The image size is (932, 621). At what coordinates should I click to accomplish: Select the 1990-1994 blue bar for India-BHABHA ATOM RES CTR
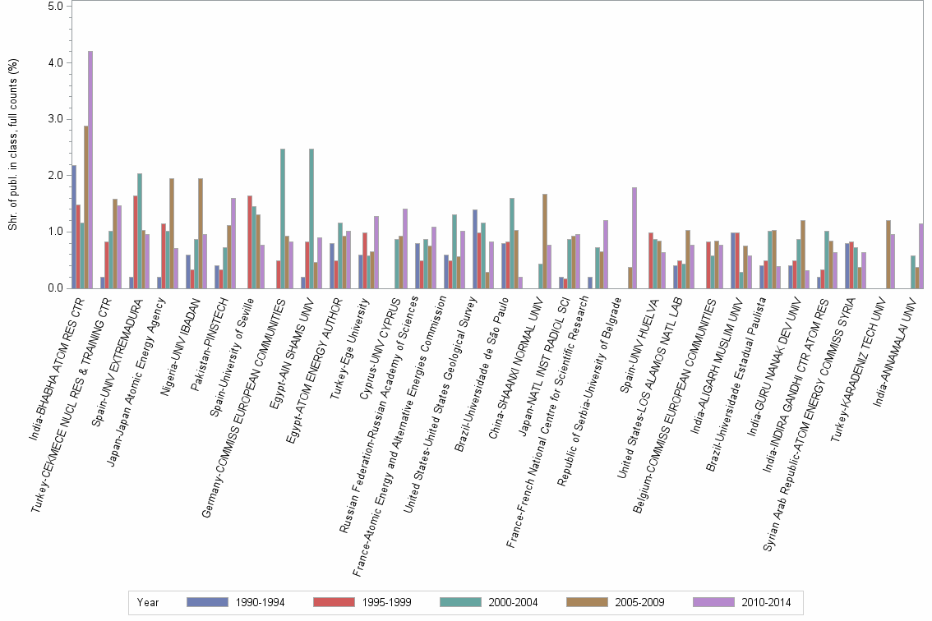coord(74,227)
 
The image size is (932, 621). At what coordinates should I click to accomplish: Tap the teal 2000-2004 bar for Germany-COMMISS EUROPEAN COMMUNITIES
coord(283,218)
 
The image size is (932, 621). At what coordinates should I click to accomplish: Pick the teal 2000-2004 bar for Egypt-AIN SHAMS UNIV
coord(311,218)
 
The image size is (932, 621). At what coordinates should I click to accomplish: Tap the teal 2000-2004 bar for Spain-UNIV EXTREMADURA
coord(140,231)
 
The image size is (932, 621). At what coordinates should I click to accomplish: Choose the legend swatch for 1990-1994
coord(207,602)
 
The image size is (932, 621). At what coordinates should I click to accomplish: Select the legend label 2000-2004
coord(513,602)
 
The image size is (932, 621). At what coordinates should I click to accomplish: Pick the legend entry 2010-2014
coord(766,602)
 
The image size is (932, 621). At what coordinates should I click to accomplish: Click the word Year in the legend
coord(149,602)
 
